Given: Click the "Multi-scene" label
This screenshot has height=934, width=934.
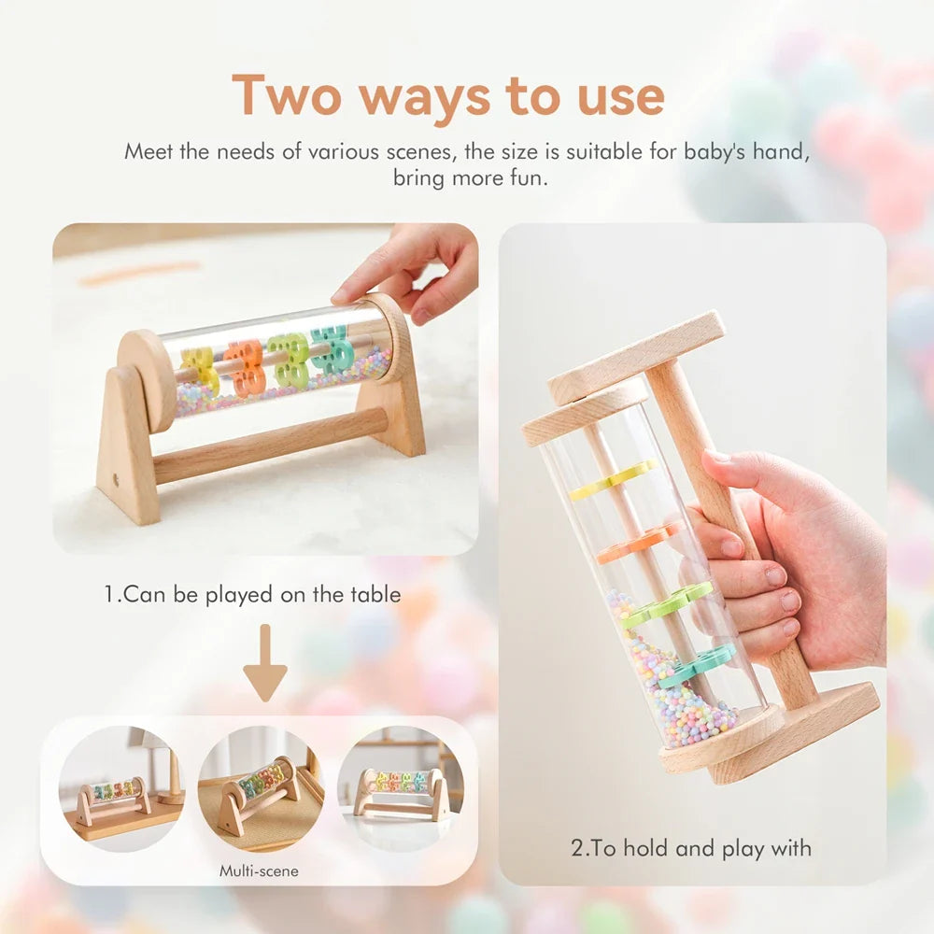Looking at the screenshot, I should [260, 870].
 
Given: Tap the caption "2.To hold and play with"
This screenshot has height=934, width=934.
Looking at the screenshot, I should [691, 848].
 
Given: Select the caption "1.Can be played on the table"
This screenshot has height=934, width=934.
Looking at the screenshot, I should [253, 594].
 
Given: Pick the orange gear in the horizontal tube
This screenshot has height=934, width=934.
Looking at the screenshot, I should [245, 366].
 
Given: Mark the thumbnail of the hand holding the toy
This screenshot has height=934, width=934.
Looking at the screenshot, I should [691, 551].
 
